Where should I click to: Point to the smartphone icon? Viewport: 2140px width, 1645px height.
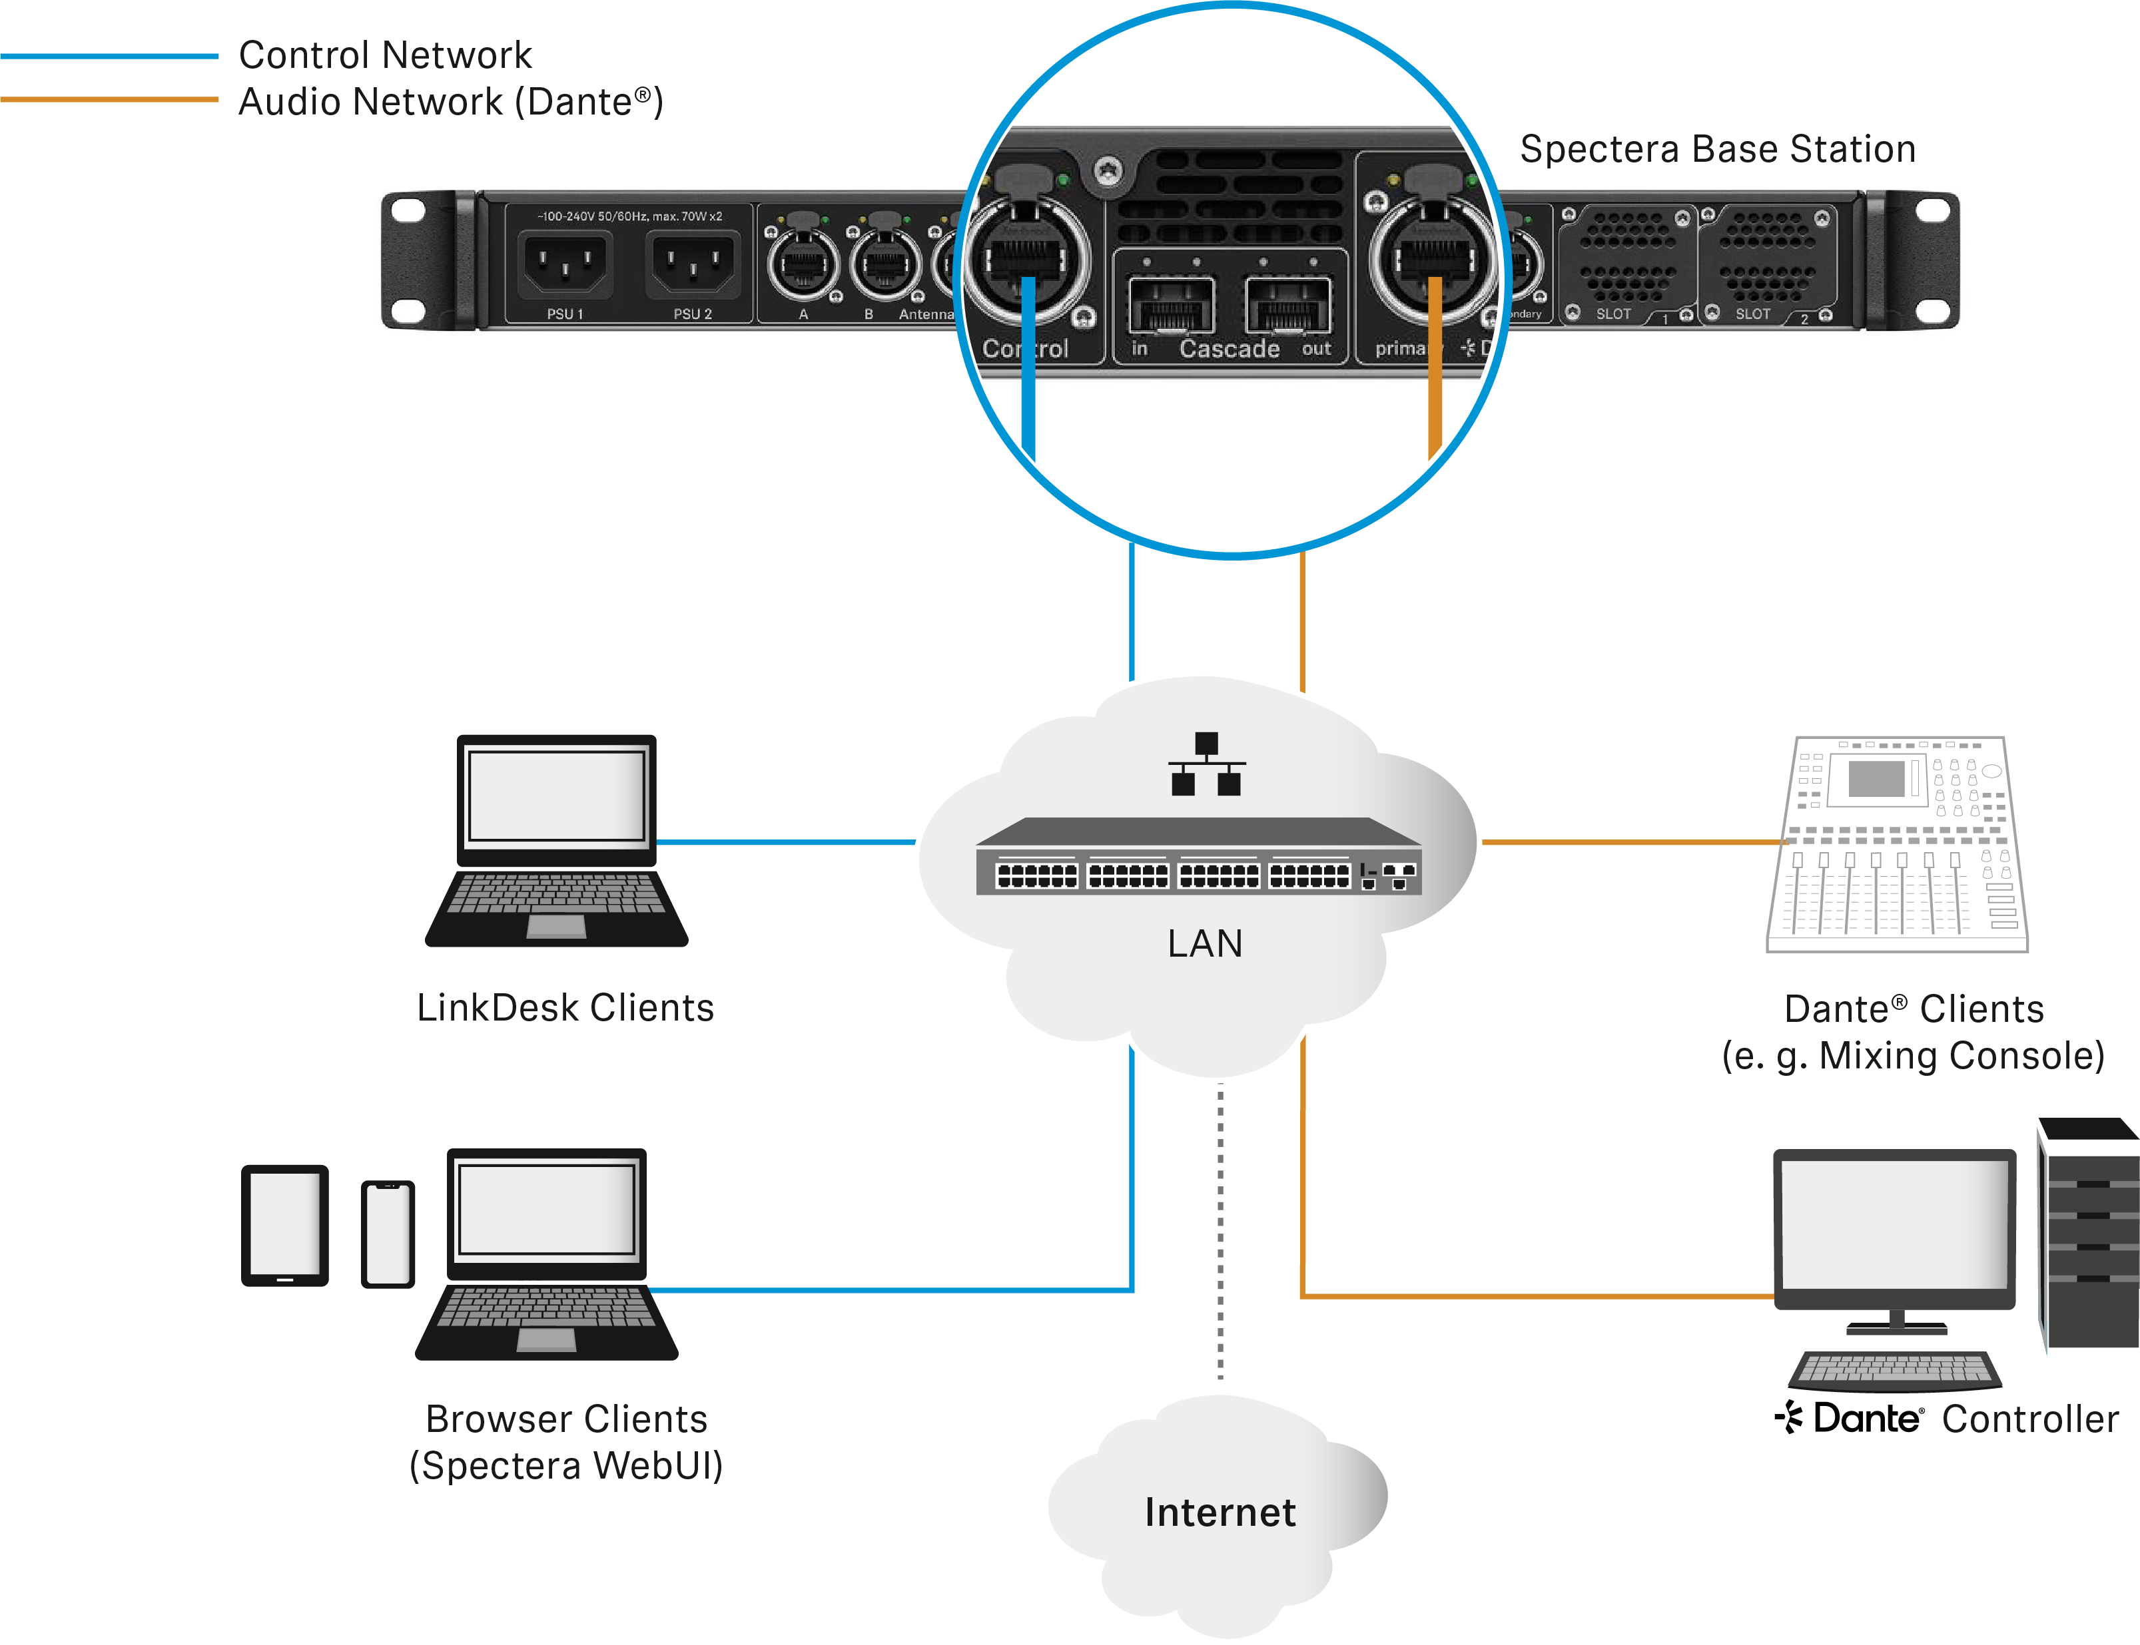pos(388,1234)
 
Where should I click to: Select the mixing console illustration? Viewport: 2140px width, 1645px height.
pos(1897,844)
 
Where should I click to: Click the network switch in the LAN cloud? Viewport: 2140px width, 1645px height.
pos(1199,857)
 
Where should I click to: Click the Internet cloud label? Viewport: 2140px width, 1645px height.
pos(1220,1513)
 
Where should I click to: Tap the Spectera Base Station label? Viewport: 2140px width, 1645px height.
pos(1717,150)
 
